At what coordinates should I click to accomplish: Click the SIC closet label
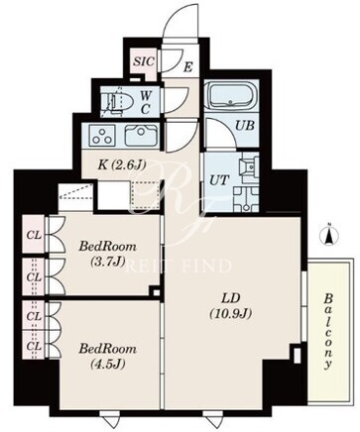click(x=144, y=61)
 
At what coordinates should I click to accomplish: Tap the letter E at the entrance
click(x=187, y=67)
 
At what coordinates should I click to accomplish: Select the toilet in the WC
click(x=117, y=100)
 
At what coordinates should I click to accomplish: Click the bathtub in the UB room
click(x=230, y=95)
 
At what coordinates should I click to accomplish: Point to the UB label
click(x=245, y=126)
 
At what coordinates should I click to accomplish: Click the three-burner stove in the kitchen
click(x=102, y=135)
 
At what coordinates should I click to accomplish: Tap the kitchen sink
click(x=141, y=135)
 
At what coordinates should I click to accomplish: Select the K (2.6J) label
click(x=122, y=164)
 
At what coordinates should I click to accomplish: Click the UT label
click(x=219, y=180)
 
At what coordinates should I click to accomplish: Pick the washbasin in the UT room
click(x=251, y=167)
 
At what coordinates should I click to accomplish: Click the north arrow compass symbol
click(x=329, y=236)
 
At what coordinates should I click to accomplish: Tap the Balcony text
click(x=328, y=331)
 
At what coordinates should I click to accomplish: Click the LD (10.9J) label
click(x=230, y=305)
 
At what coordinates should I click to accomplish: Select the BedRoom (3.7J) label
click(x=107, y=254)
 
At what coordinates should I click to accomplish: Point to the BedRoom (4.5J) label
click(x=107, y=356)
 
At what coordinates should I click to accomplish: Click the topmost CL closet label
click(x=34, y=235)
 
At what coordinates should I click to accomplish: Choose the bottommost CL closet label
click(x=34, y=346)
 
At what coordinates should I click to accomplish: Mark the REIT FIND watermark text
click(x=179, y=266)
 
